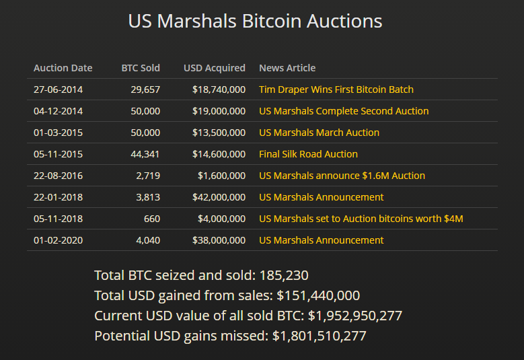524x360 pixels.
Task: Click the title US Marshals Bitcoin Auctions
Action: (x=255, y=21)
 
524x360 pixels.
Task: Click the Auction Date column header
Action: (x=63, y=68)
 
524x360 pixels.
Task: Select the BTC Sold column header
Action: (x=141, y=68)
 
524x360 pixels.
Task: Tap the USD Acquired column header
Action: (x=215, y=68)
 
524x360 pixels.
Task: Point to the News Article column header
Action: (x=287, y=68)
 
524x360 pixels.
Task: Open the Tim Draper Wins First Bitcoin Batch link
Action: (x=336, y=89)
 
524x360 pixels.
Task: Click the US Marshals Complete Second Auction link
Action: (x=344, y=111)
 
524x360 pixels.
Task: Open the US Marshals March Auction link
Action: (x=319, y=133)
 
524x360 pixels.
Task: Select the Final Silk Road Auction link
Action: (x=308, y=154)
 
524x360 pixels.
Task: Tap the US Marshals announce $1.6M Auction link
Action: (x=342, y=176)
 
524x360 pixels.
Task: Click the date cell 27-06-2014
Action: (x=59, y=89)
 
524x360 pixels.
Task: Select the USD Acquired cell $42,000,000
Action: (x=219, y=197)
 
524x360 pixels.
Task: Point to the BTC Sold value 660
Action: (x=152, y=219)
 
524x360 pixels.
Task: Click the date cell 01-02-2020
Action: (x=59, y=240)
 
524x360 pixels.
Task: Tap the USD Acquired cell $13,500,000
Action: (x=219, y=133)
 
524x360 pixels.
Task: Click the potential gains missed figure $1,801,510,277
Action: (x=320, y=336)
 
